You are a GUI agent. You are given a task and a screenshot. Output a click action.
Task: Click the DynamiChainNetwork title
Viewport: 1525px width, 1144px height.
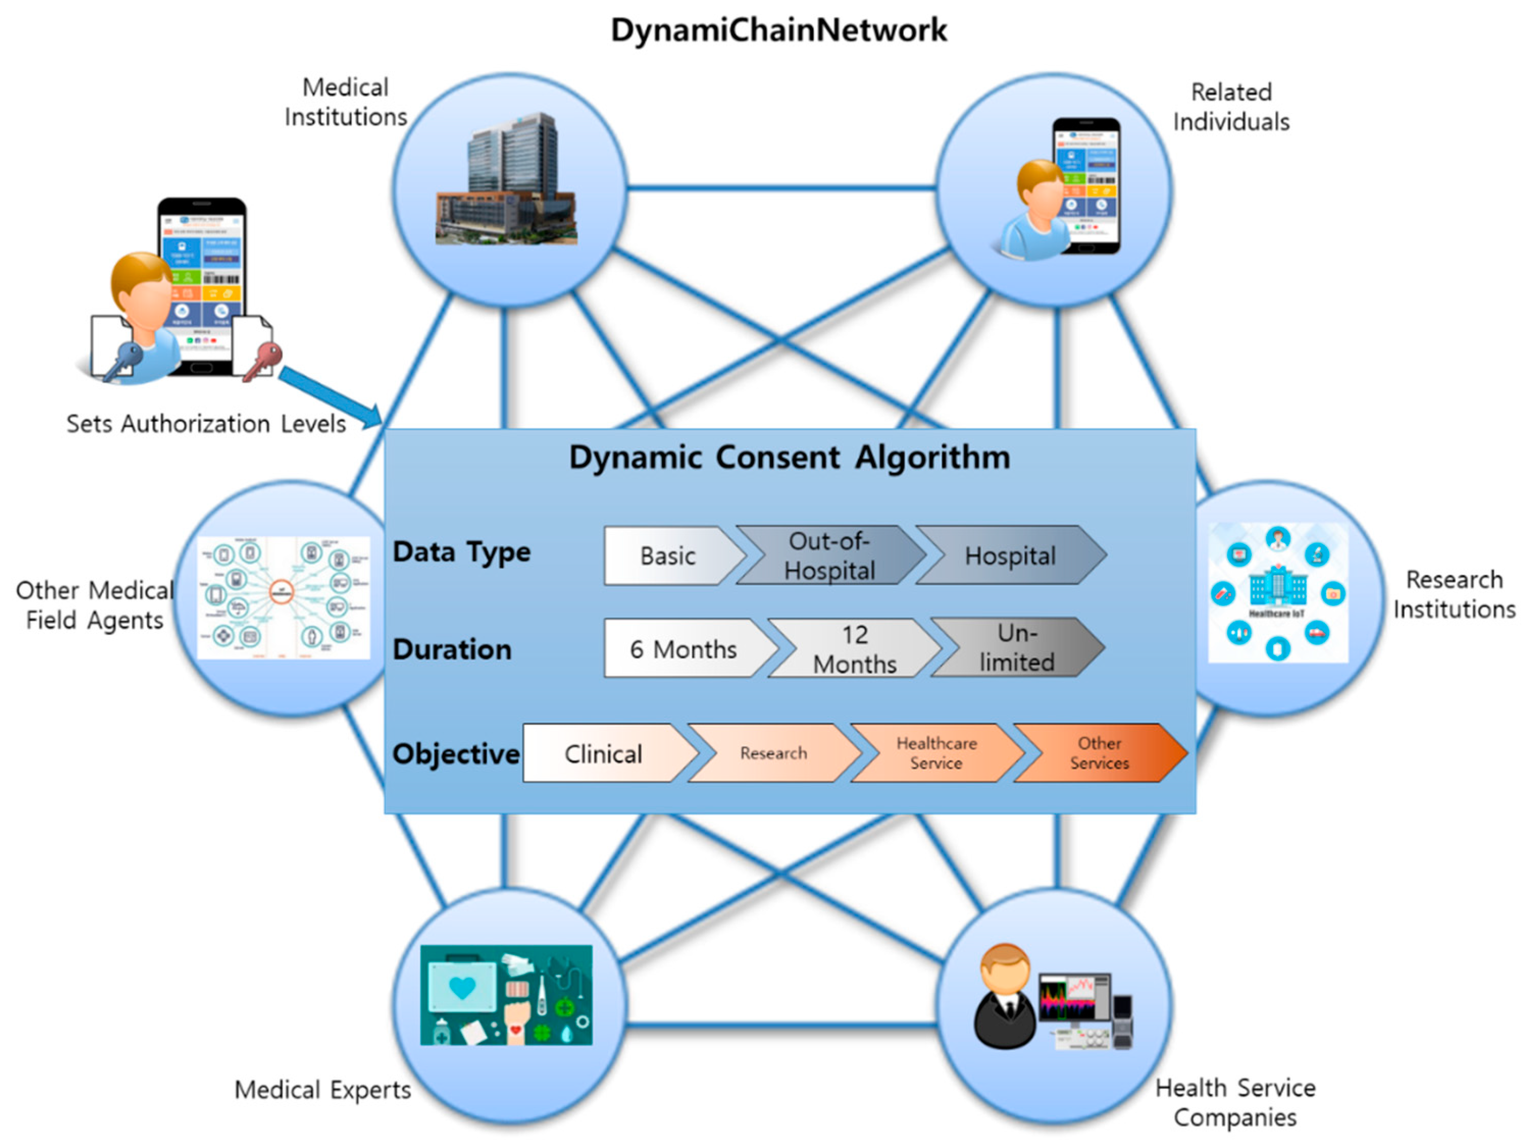pos(778,30)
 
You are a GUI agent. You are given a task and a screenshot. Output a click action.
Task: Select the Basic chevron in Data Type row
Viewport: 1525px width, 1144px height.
pos(667,556)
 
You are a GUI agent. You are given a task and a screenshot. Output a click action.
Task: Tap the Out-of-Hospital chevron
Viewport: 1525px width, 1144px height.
pos(829,556)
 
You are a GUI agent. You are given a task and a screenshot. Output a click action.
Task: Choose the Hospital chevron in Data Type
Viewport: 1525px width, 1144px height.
pos(1009,556)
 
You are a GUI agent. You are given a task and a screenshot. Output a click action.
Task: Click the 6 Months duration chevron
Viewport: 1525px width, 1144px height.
pos(682,649)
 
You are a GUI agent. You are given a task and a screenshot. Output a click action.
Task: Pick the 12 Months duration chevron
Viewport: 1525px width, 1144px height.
pos(854,649)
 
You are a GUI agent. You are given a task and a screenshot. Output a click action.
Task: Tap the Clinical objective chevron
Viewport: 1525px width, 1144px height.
pos(603,754)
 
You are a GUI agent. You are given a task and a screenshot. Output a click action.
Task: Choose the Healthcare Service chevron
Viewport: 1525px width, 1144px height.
pos(936,753)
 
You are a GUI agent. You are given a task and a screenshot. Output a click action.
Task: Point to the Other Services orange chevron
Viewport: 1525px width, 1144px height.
pos(1099,753)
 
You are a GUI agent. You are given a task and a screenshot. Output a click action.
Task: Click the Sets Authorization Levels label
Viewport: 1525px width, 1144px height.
pos(206,424)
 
